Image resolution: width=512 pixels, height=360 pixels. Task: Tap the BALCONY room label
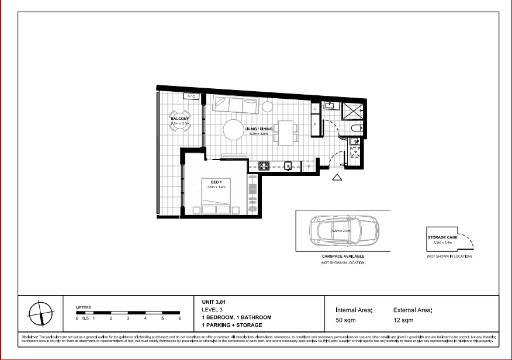click(179, 118)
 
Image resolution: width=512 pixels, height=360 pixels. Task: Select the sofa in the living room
click(236, 105)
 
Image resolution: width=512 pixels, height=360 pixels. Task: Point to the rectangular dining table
click(286, 133)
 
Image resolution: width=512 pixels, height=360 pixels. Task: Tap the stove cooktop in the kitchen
click(264, 165)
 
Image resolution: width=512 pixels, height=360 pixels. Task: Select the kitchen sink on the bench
click(288, 166)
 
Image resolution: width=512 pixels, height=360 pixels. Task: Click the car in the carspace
click(342, 231)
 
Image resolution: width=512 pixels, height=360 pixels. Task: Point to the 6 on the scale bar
click(180, 319)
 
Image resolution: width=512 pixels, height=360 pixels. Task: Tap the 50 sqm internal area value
click(345, 321)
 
